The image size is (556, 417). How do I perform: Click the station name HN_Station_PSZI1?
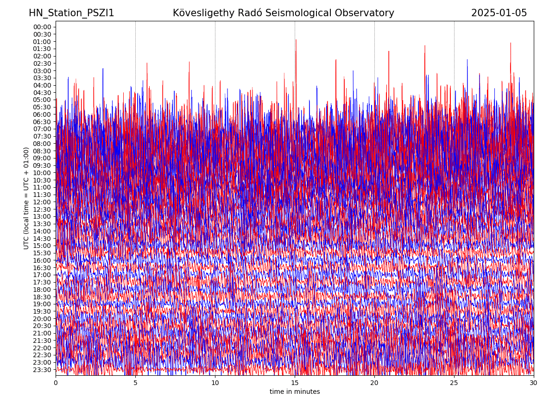(x=71, y=13)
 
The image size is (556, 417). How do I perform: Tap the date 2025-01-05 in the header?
(x=499, y=13)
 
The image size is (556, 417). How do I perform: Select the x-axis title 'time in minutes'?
(x=295, y=392)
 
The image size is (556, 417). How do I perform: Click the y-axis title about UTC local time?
(x=26, y=198)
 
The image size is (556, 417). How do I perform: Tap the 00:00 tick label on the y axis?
(x=42, y=27)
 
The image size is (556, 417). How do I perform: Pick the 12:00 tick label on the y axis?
(x=42, y=202)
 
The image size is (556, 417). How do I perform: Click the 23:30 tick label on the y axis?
(x=42, y=370)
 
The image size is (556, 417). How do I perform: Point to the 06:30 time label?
(x=42, y=122)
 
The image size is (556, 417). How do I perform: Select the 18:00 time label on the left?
(x=42, y=290)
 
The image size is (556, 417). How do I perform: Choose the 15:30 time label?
(x=42, y=253)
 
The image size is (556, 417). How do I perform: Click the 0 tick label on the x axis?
(x=56, y=383)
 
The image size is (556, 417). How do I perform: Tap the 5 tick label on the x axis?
(x=135, y=383)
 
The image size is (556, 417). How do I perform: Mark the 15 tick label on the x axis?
(x=295, y=383)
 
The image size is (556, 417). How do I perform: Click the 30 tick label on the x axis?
(x=534, y=383)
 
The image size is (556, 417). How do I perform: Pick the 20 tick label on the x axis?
(x=374, y=383)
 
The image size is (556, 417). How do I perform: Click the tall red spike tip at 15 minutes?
(x=296, y=40)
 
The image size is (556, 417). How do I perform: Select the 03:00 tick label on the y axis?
(x=42, y=71)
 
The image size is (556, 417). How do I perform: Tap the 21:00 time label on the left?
(x=42, y=333)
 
